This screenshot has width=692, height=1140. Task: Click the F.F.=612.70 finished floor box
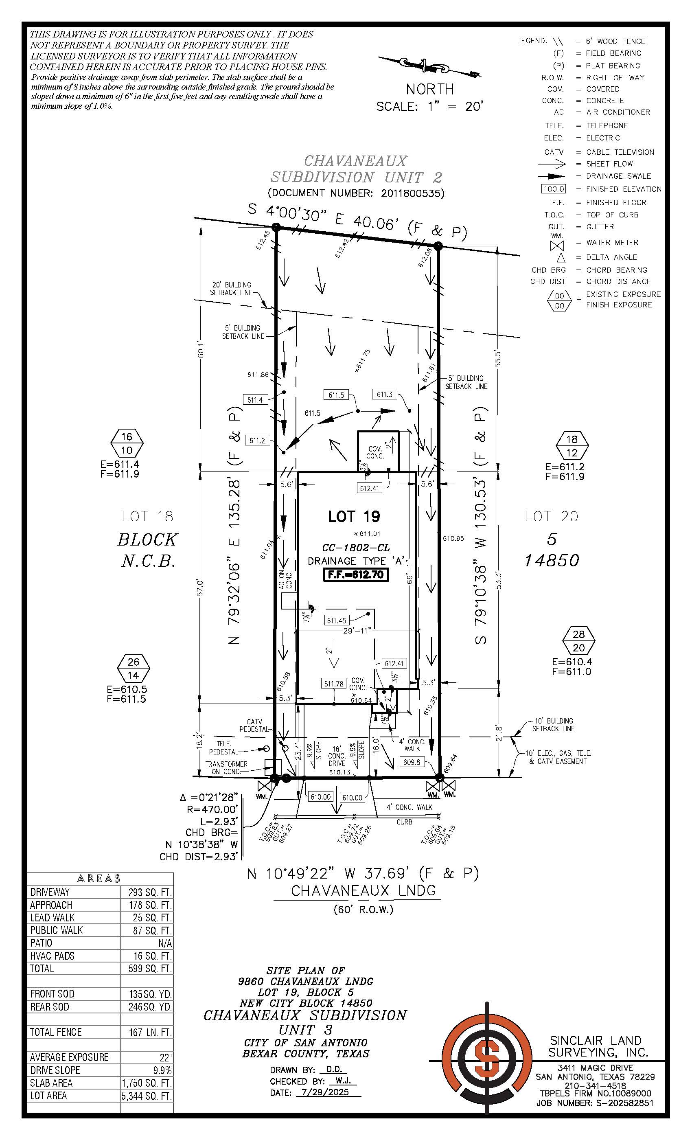[x=355, y=574]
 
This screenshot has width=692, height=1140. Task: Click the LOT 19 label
[x=354, y=516]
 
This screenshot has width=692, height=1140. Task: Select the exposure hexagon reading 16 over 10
[x=127, y=443]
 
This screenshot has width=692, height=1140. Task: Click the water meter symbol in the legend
[x=557, y=246]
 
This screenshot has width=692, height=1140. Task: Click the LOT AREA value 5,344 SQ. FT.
[x=147, y=1096]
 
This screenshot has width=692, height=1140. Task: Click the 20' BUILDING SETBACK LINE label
[x=231, y=289]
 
